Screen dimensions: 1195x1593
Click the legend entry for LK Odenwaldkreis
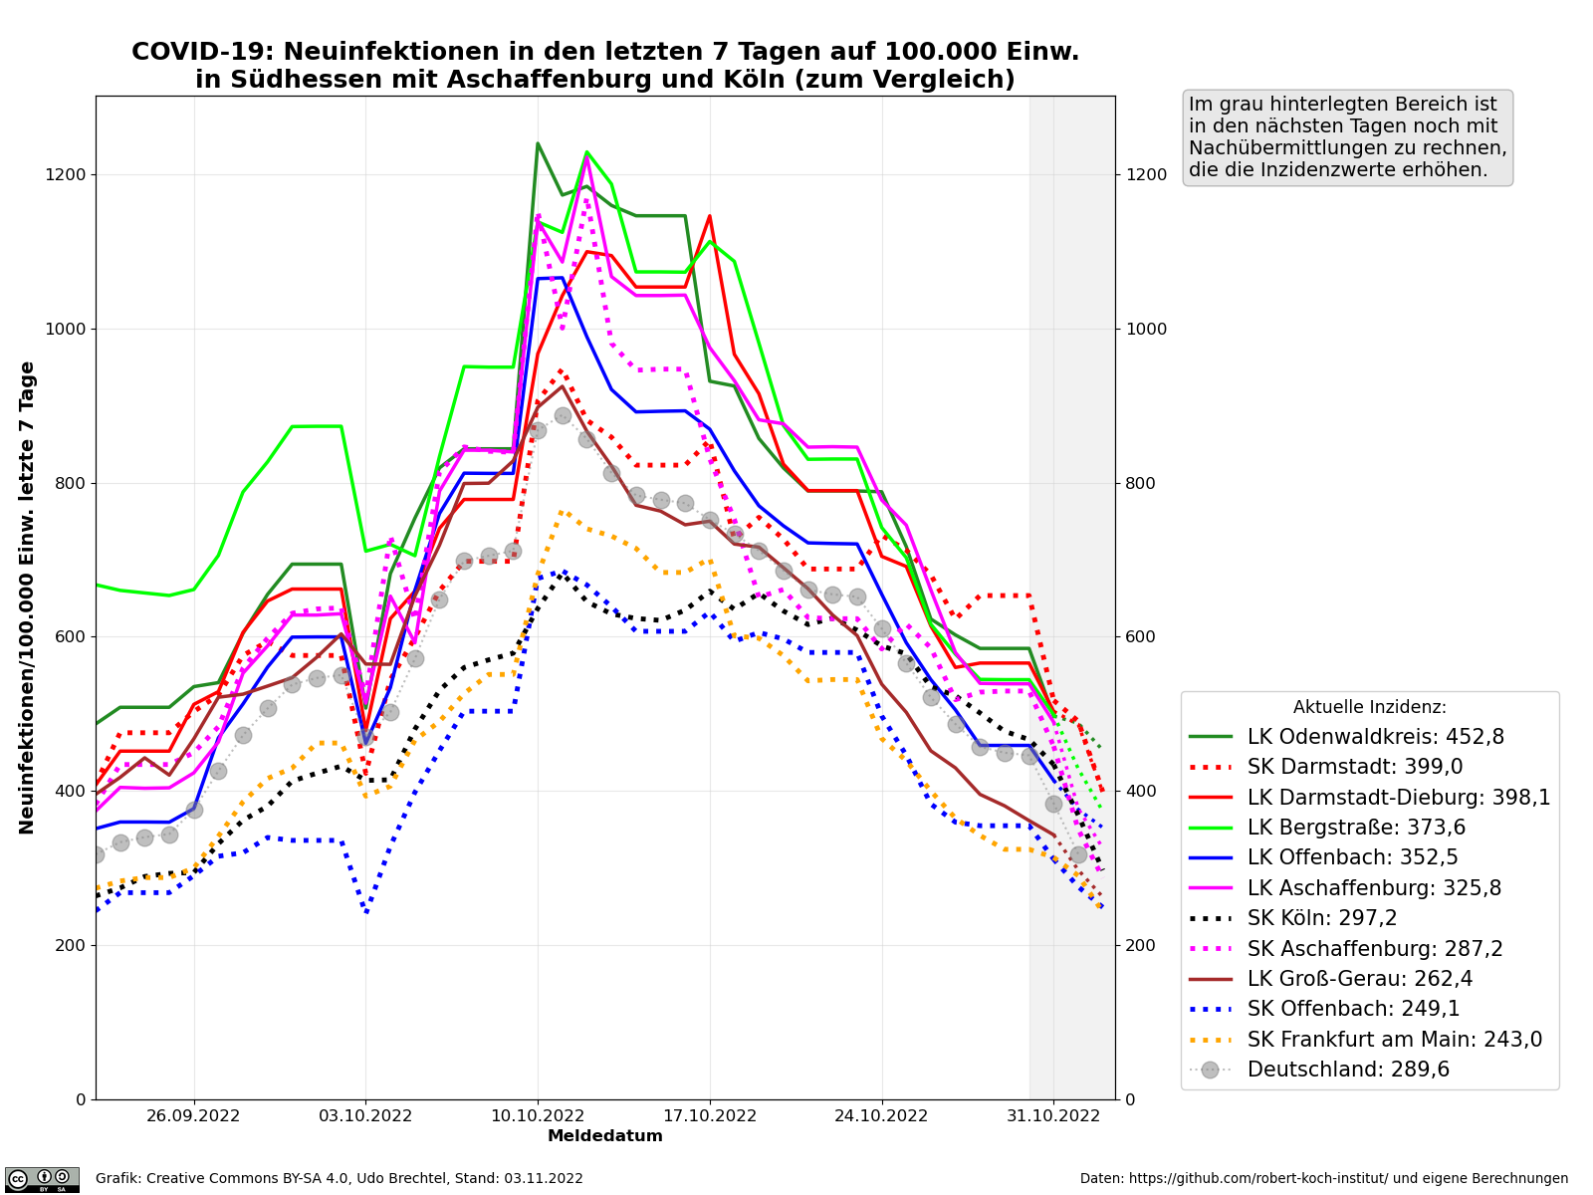[1375, 737]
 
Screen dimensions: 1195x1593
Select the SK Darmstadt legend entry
[1354, 767]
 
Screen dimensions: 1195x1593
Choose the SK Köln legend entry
[1339, 918]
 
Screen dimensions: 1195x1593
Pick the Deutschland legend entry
[1348, 1070]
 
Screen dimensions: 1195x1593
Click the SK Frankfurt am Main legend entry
[1394, 1040]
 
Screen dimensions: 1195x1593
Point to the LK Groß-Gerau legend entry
[1359, 979]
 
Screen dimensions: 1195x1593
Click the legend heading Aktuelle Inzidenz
[1369, 707]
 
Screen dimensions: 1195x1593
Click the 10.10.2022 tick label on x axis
[538, 1115]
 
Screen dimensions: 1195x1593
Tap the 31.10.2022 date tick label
[1053, 1115]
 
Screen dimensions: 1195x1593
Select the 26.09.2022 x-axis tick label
[194, 1115]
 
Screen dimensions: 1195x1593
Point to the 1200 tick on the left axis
[68, 174]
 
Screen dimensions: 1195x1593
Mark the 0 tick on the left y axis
[81, 1099]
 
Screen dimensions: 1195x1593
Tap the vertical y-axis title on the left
[28, 597]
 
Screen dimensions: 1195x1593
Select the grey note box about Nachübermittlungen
[1347, 137]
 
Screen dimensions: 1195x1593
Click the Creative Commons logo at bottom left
[42, 1179]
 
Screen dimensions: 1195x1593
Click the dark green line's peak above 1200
[538, 143]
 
